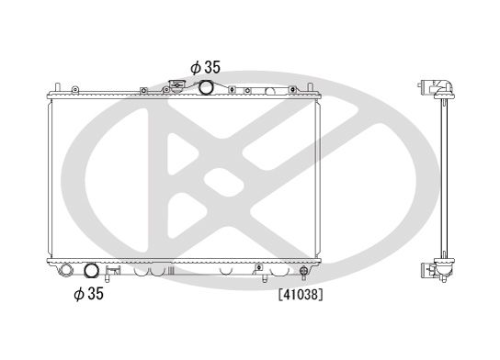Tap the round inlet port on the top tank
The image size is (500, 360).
(206, 88)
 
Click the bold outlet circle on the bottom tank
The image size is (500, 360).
(92, 271)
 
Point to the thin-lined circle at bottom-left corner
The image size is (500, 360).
(66, 271)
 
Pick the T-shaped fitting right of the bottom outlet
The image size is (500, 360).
(113, 271)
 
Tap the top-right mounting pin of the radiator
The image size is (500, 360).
(311, 87)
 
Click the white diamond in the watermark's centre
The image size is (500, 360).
(217, 177)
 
